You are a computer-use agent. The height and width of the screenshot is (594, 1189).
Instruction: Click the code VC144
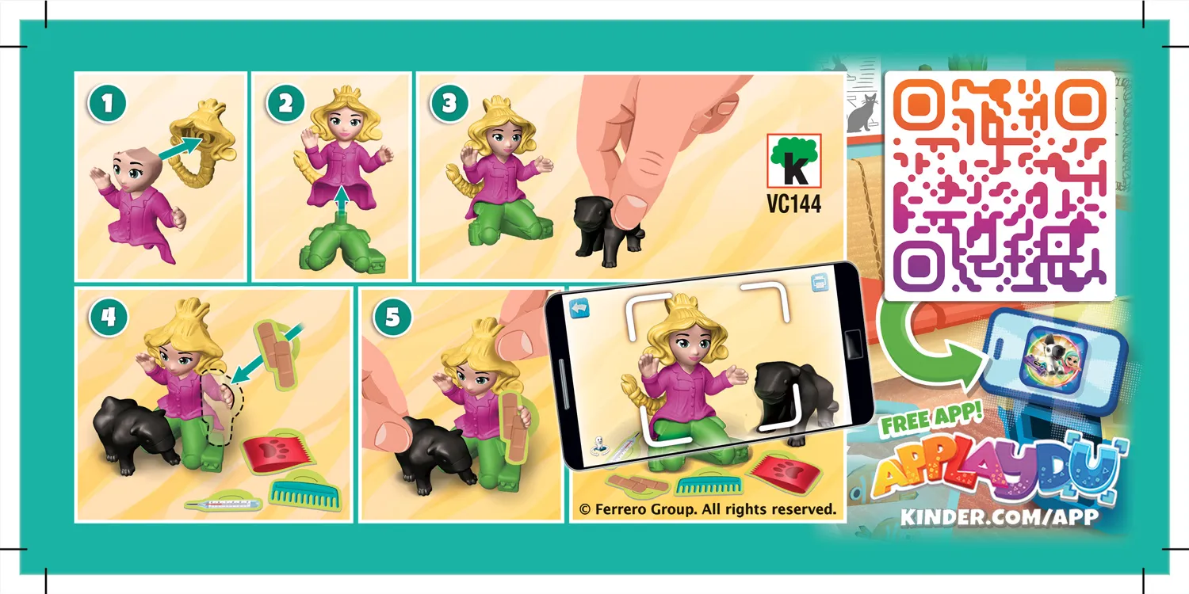coord(793,204)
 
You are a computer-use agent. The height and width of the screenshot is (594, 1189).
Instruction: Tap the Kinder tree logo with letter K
coord(793,161)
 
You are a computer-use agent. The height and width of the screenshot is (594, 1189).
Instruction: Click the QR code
coord(999,186)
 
